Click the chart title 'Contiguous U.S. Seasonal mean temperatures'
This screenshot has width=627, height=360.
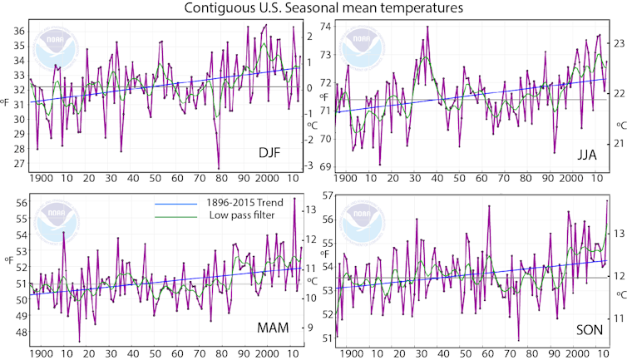[x=313, y=8]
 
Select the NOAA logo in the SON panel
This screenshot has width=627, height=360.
[x=359, y=219]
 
